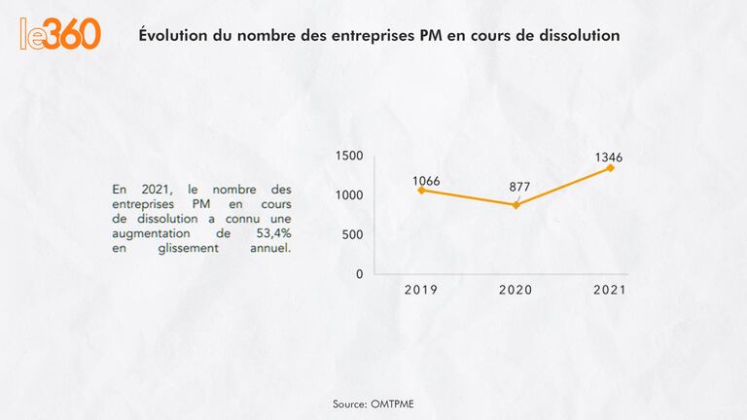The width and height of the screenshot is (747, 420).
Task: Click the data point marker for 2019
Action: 421,190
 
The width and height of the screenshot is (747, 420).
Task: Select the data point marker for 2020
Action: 516,205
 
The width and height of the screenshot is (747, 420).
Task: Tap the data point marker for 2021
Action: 611,168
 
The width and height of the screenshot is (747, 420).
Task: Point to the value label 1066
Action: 426,181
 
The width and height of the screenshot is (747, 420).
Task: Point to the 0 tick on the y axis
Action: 359,274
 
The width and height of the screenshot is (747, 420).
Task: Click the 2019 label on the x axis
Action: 421,290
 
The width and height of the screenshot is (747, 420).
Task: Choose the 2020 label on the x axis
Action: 516,290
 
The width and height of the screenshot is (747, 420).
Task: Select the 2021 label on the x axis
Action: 610,290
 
